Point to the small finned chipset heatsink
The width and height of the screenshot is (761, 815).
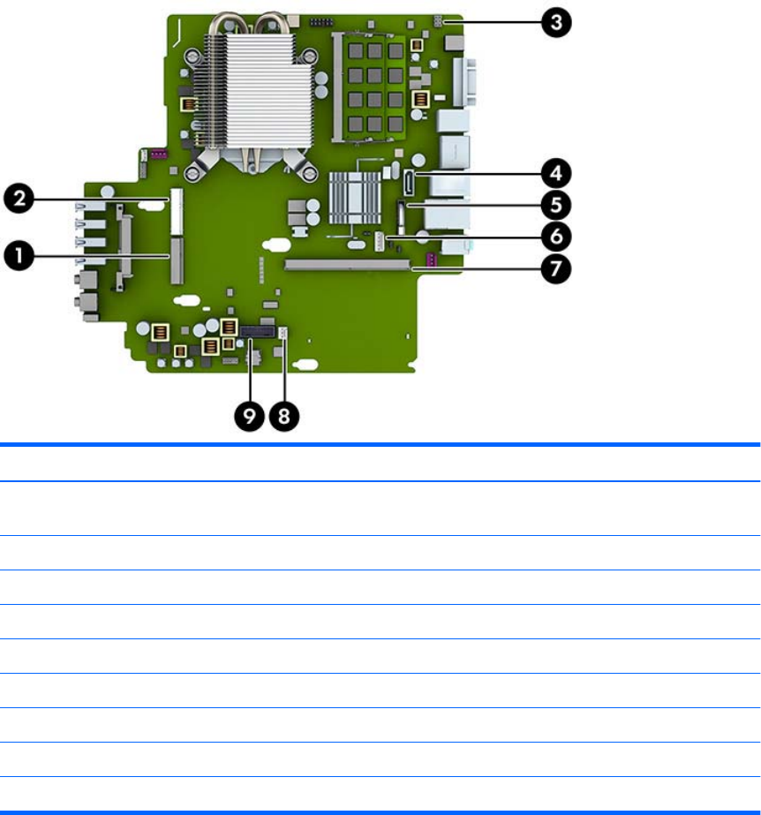(353, 194)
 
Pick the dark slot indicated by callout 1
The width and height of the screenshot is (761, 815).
(177, 259)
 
